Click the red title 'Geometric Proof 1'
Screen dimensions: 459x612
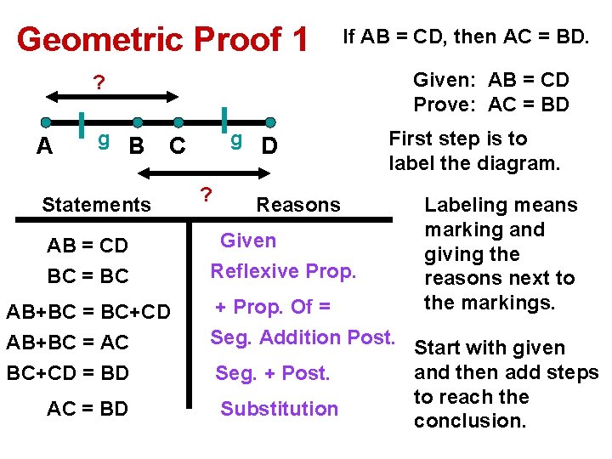pos(161,39)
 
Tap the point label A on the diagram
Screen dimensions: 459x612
pos(45,146)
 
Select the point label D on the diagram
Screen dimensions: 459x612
pos(269,146)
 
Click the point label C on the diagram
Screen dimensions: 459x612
pos(178,146)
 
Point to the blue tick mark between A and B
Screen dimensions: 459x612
pos(82,123)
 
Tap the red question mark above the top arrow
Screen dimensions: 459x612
pos(99,83)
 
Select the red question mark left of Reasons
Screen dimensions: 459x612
pos(205,195)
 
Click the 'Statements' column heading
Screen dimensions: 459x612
pos(96,204)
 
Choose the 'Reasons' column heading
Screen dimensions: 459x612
pos(298,204)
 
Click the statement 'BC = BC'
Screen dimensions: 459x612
pos(88,275)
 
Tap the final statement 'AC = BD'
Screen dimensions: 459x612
pos(88,409)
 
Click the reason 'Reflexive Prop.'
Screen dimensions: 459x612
pos(283,271)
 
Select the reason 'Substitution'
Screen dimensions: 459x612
pos(279,409)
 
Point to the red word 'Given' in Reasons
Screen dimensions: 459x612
pos(248,241)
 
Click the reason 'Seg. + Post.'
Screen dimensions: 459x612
pos(273,373)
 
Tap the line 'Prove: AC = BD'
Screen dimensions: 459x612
pos(491,105)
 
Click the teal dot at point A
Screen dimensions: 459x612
pos(46,122)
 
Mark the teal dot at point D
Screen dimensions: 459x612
pos(270,122)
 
